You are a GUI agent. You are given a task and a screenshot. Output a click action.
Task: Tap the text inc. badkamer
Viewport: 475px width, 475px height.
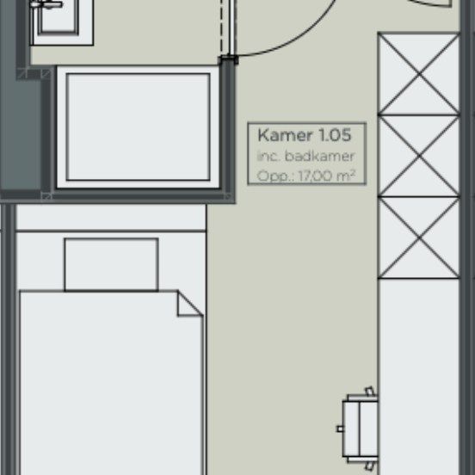coord(305,157)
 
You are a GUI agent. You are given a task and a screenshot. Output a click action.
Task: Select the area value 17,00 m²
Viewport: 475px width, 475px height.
coord(326,176)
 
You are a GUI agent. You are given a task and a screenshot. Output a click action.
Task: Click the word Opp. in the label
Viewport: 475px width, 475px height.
coord(275,176)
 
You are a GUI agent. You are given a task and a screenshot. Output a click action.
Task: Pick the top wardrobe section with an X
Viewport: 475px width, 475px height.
coord(419,74)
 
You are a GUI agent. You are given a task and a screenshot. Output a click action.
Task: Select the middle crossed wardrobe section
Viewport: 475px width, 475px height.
coord(419,156)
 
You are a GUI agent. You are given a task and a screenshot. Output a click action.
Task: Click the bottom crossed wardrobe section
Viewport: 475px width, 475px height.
coord(419,237)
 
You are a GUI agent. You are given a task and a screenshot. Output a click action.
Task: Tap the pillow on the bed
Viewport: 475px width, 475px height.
coord(111,264)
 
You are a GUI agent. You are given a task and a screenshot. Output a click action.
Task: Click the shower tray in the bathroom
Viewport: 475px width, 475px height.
coord(139,126)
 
